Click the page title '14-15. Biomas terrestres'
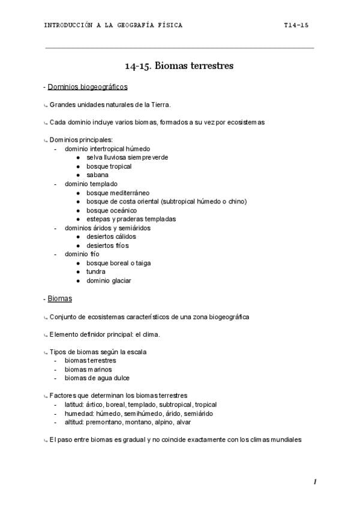[179, 66]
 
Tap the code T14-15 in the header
[296, 25]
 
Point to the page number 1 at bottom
[314, 482]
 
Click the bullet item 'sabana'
[97, 175]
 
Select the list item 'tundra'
[96, 271]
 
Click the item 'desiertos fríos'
[107, 245]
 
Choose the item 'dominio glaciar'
[109, 280]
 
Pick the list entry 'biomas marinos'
[88, 369]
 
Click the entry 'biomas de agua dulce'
[97, 378]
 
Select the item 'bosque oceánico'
[111, 210]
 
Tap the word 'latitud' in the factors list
[76, 405]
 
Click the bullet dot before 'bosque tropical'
[79, 166]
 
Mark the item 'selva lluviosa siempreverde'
[127, 157]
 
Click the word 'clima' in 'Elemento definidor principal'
[151, 334]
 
